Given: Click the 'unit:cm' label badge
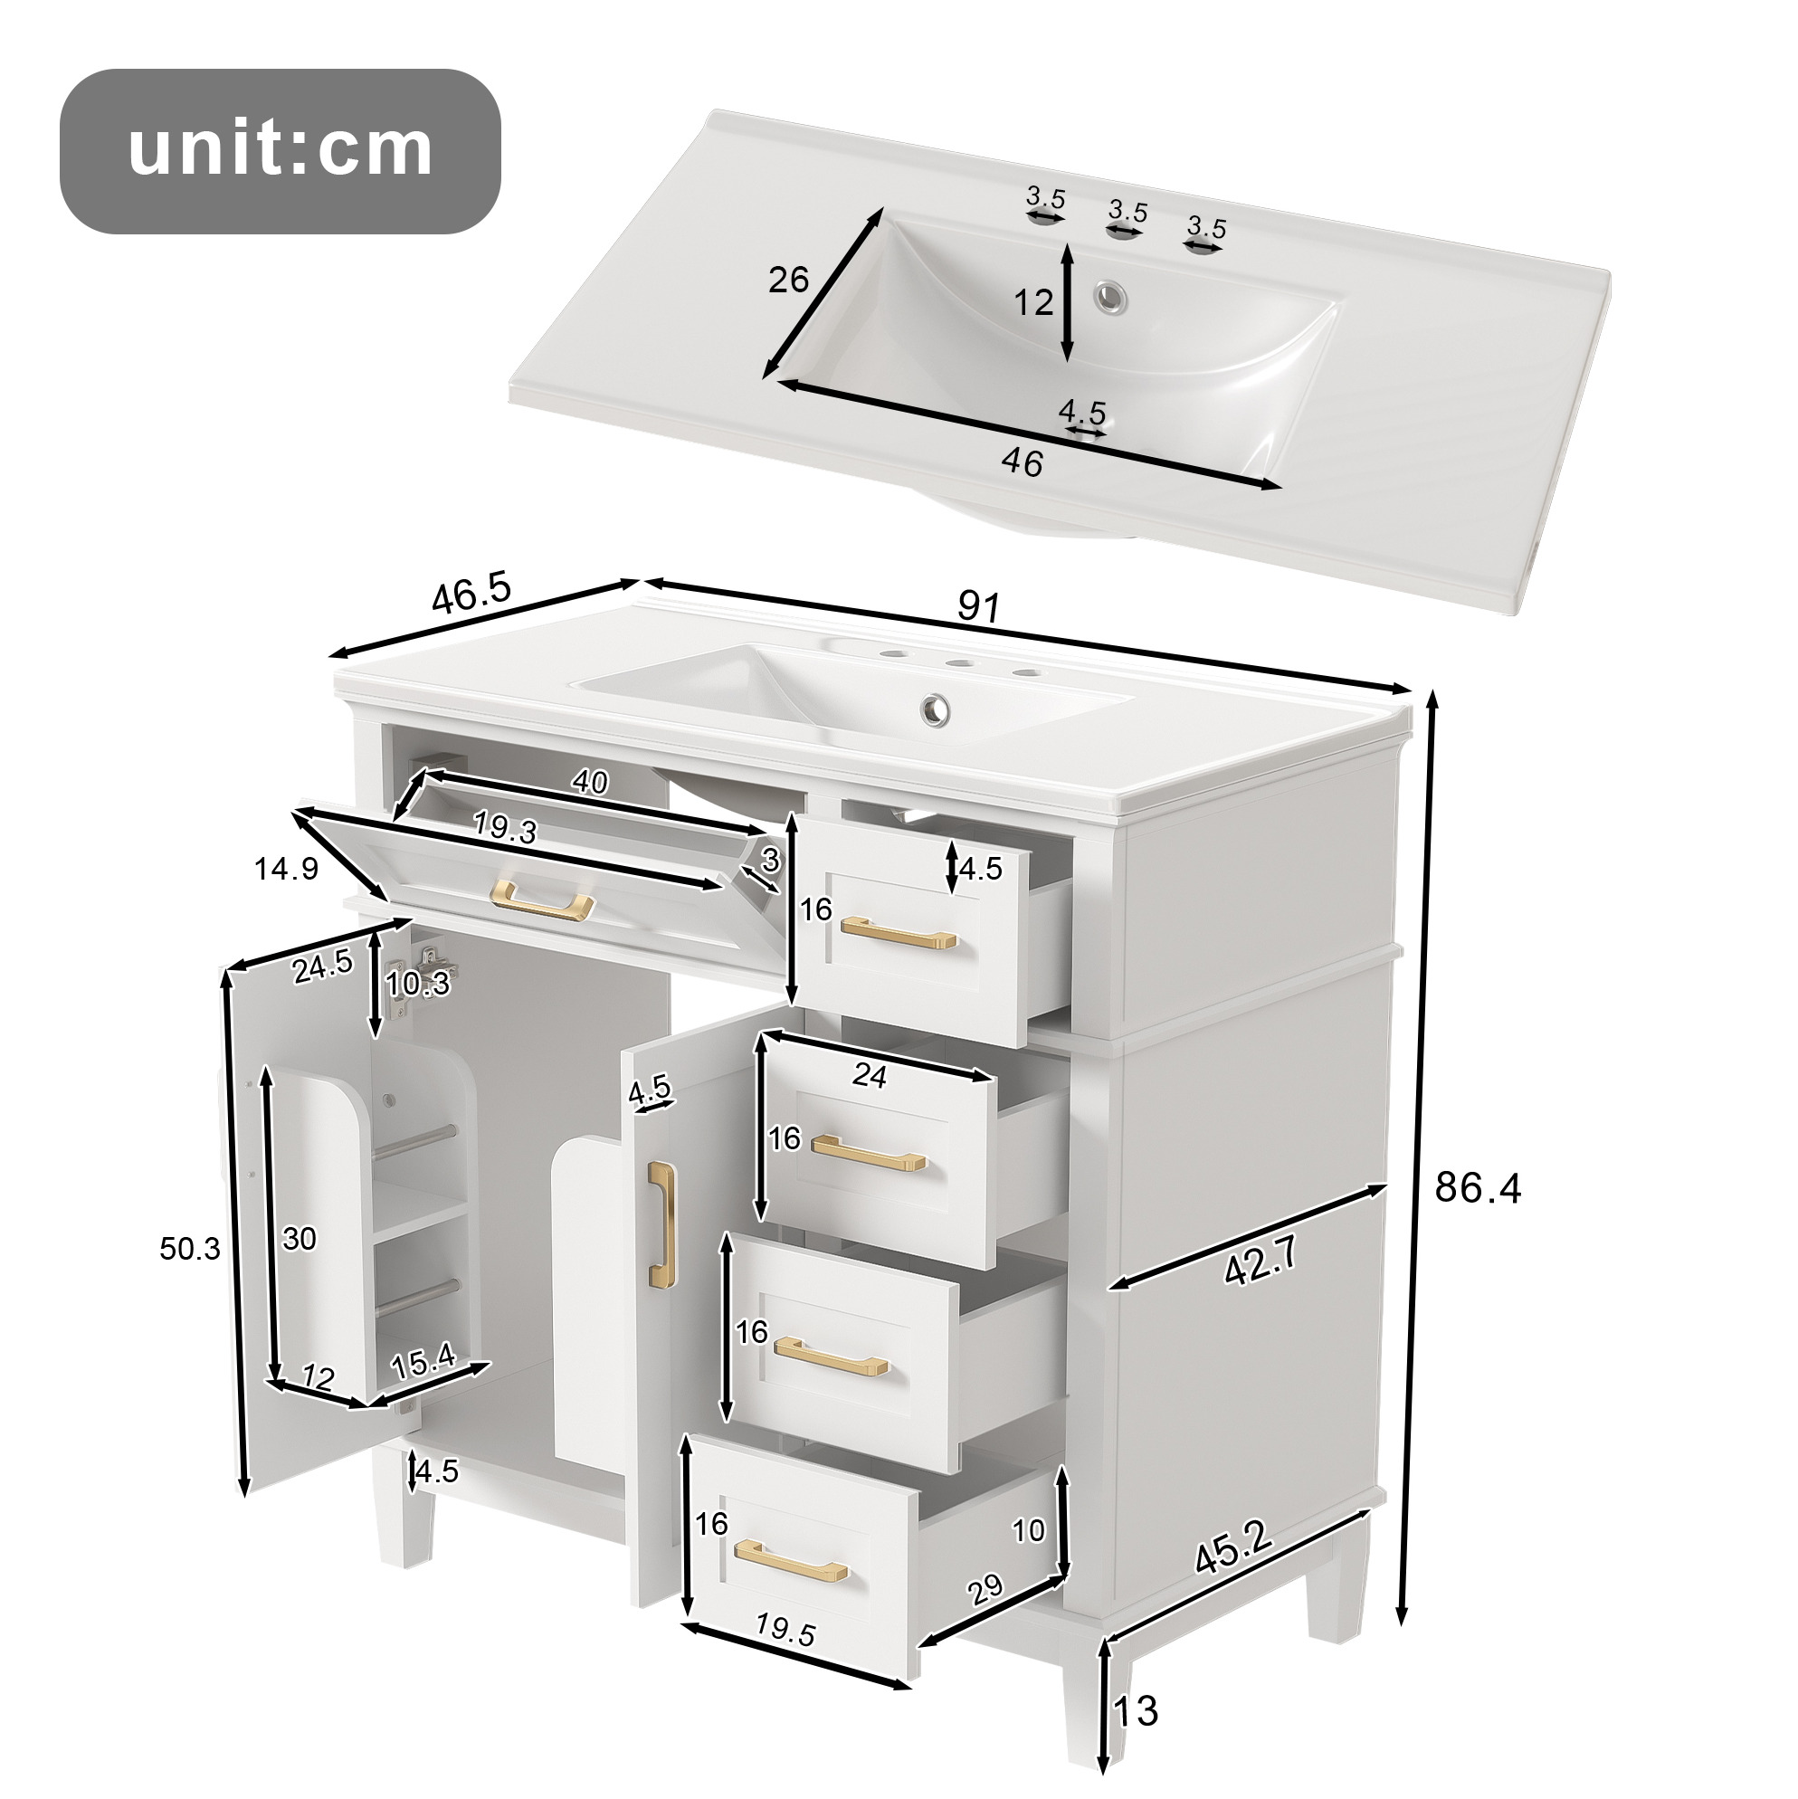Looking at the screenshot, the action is [x=281, y=151].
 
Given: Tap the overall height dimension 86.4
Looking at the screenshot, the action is [x=1477, y=1187].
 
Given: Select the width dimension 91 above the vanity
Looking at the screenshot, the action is [x=978, y=607].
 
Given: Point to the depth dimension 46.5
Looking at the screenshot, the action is [x=472, y=594].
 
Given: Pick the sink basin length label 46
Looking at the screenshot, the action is [x=1023, y=462].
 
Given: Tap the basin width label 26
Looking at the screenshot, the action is [x=789, y=280].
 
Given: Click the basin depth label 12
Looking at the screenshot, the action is [x=1033, y=302].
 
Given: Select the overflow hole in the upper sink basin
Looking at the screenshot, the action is [x=1109, y=297].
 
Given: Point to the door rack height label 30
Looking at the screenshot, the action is [x=299, y=1239].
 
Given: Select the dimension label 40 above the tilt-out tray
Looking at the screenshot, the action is [x=589, y=781].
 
